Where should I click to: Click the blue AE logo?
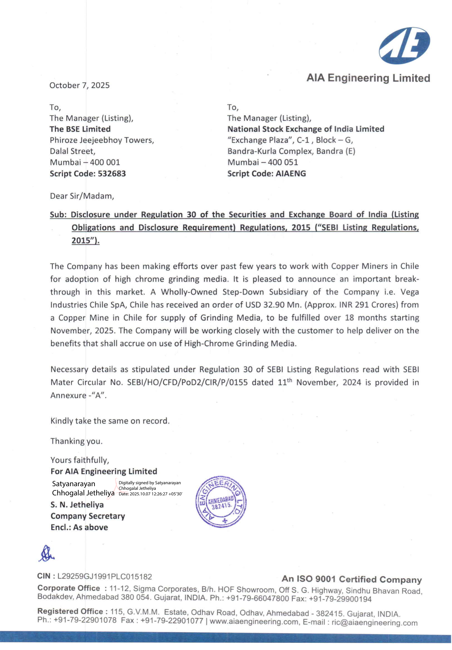tap(404, 46)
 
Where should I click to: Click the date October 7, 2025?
tap(79, 85)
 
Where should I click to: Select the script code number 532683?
tap(112, 174)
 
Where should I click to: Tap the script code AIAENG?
tap(291, 174)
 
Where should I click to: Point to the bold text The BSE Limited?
tap(80, 129)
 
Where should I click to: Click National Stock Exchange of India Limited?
tap(306, 129)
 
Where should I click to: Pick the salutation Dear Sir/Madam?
tap(82, 196)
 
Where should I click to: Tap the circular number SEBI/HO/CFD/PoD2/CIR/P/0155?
tap(187, 382)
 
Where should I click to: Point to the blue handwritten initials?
tap(46, 554)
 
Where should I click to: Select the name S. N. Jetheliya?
tap(77, 505)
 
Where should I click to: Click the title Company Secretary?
tap(88, 516)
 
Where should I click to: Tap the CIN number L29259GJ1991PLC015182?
tap(105, 577)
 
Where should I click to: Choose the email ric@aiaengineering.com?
tap(374, 622)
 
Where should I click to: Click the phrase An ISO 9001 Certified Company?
tap(352, 580)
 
